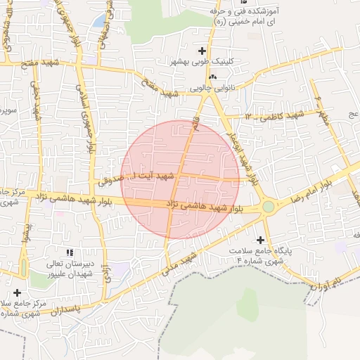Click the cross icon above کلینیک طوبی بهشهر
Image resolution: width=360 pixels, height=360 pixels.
[203, 51]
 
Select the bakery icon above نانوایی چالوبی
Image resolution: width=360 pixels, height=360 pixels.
[213, 77]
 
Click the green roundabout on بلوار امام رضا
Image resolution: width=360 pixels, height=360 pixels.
[268, 206]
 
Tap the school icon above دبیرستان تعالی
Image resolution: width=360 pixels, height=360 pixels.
[69, 252]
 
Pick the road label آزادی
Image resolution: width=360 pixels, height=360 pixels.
[107, 269]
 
